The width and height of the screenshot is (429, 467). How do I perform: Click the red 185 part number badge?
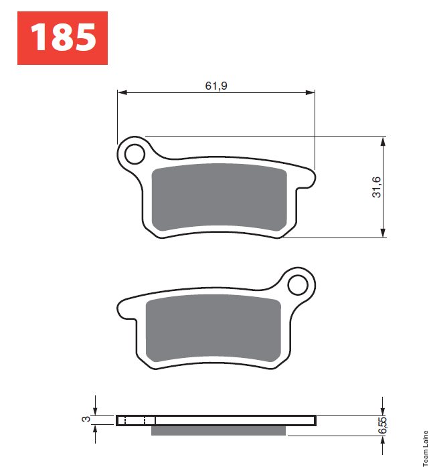coord(62,38)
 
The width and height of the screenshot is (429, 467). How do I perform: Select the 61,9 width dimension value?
coord(216,86)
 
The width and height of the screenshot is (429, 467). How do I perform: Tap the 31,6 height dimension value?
coord(377,187)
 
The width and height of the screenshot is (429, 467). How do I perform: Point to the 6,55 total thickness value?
coord(382,426)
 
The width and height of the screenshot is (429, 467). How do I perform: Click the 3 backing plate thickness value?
coord(86,419)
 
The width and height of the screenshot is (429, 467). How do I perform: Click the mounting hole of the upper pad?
coord(135,154)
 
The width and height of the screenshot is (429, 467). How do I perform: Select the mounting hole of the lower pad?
coord(298,285)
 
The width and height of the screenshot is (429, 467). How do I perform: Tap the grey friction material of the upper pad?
coord(220,197)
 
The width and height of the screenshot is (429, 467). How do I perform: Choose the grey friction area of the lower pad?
coord(213,329)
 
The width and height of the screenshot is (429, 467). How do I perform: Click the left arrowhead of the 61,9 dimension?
coord(122,92)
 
